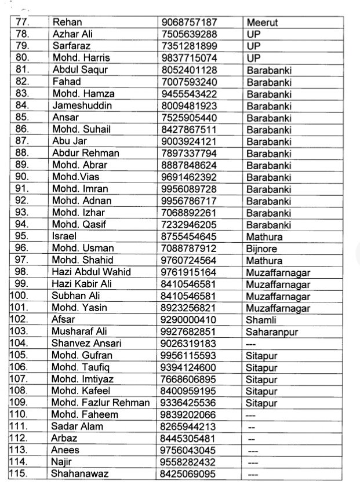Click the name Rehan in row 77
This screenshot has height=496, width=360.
click(67, 23)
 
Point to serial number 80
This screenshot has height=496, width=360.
click(23, 58)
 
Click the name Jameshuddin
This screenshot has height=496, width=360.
click(82, 105)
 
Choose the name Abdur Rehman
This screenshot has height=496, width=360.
click(85, 153)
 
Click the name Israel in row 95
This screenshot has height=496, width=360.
click(64, 236)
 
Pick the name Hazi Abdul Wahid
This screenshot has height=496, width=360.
click(92, 272)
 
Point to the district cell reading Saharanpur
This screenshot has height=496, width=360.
click(271, 331)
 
